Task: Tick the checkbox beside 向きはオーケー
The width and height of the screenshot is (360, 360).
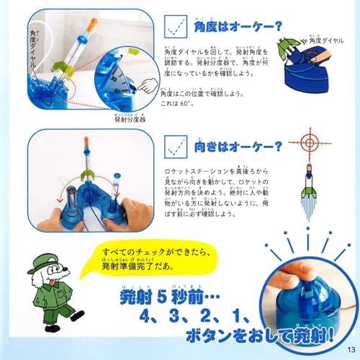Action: click(x=175, y=148)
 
